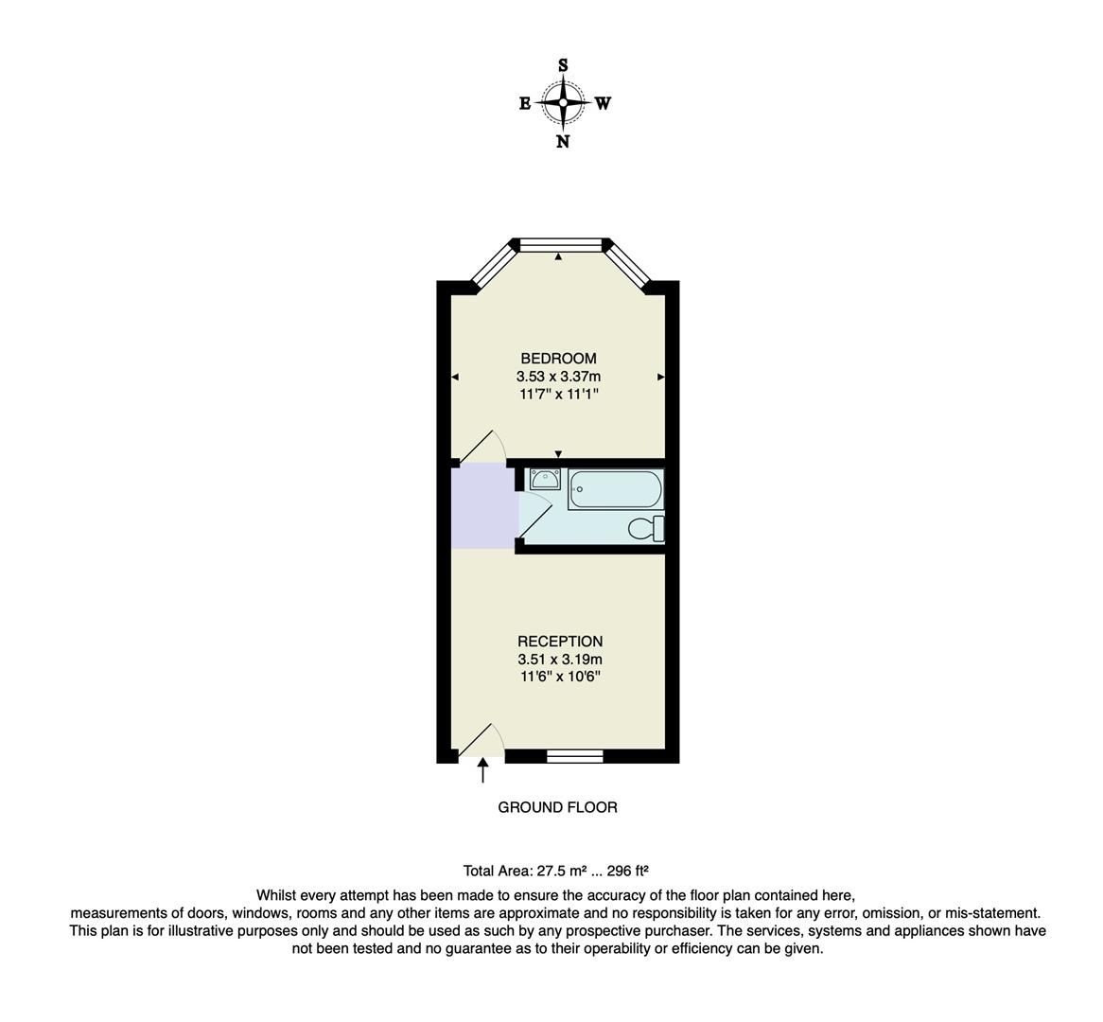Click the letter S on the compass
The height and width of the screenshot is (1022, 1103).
point(563,65)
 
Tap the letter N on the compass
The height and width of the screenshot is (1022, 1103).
point(563,142)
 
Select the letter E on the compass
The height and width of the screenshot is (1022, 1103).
point(525,104)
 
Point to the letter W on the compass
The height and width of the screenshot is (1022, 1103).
point(603,104)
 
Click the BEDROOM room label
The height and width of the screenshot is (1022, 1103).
point(558,359)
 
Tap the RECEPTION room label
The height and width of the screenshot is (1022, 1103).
point(560,642)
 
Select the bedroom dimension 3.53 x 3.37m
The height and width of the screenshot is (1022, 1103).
point(558,376)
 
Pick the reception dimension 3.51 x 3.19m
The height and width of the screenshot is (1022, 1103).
point(560,660)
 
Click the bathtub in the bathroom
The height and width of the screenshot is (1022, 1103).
point(615,489)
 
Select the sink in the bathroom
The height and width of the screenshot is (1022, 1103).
point(546,478)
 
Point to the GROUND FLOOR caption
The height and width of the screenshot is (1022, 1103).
point(558,807)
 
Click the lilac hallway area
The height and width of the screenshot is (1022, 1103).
point(483,505)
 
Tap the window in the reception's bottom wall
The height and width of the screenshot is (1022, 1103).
point(575,755)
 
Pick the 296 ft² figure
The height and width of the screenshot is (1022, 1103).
point(625,871)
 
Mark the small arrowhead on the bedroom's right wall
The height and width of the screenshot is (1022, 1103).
point(660,377)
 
